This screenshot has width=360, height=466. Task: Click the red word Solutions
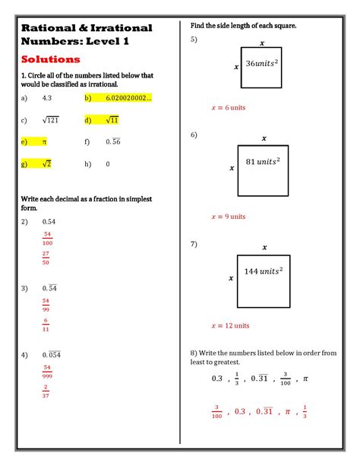pos(51,59)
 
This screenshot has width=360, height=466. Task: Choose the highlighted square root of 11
pos(112,120)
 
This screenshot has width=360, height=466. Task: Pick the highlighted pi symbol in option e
pos(45,141)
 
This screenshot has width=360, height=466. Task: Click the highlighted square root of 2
pos(46,163)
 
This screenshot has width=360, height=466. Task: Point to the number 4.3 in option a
pos(47,98)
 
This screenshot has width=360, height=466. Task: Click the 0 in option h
pos(108,163)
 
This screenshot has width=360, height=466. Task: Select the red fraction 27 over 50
pos(47,258)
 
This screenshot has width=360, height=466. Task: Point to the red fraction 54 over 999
pos(47,371)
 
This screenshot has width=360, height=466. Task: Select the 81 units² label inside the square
pos(264,162)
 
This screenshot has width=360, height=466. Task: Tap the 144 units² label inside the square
pos(263,271)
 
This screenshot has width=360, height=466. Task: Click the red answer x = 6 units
pos(228,108)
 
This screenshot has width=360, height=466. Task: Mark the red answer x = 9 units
pos(228,217)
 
